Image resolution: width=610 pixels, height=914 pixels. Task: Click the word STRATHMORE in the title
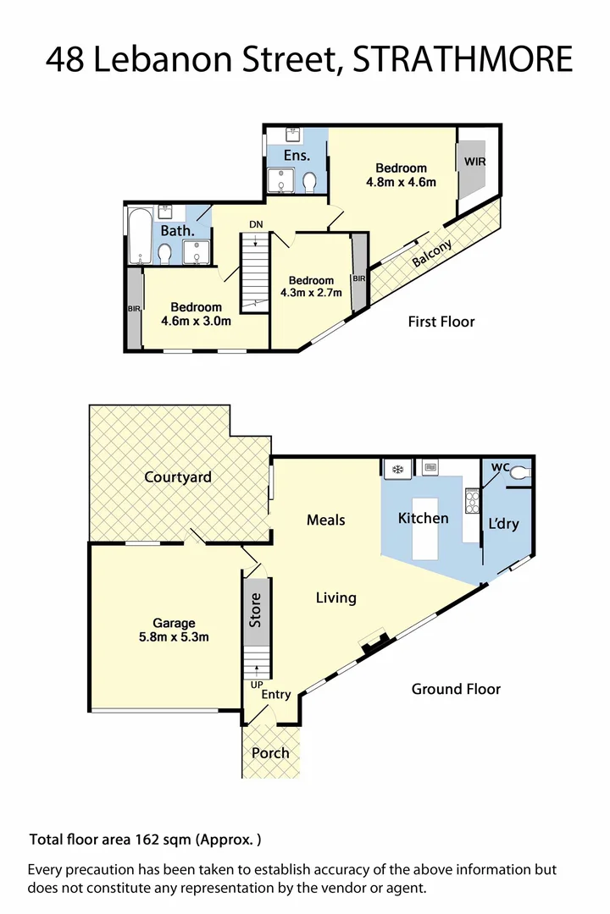click(463, 60)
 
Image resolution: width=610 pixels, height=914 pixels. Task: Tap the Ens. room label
click(297, 156)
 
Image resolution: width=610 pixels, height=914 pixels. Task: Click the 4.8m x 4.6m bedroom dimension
click(401, 182)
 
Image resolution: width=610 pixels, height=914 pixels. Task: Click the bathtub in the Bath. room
click(138, 236)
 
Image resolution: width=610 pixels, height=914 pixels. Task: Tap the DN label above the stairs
click(255, 224)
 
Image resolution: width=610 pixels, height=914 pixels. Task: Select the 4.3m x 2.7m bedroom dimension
click(310, 294)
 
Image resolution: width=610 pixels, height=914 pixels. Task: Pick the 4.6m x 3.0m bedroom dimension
click(196, 321)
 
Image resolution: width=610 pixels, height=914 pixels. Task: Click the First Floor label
click(441, 322)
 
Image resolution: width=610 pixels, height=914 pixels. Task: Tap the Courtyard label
click(177, 476)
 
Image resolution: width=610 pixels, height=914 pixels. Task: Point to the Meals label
click(325, 520)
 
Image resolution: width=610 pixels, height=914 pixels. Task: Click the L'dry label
click(503, 524)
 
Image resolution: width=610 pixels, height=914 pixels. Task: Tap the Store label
click(255, 610)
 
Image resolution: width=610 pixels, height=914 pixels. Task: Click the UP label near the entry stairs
click(256, 684)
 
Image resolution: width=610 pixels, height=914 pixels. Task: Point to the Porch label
click(270, 752)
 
